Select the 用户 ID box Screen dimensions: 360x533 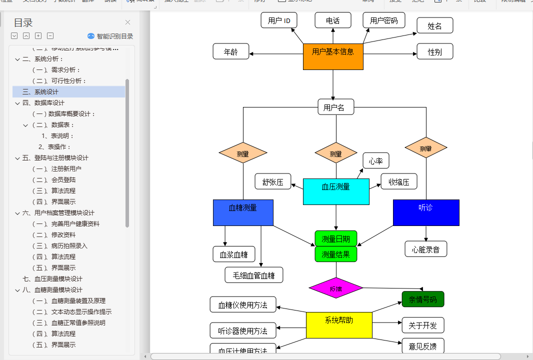(x=279, y=20)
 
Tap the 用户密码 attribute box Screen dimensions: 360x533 (x=383, y=20)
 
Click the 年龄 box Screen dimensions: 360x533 (x=230, y=51)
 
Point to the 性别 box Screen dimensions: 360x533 (x=434, y=51)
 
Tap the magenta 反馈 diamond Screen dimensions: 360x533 (x=336, y=288)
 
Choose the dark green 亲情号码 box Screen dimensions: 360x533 (x=422, y=299)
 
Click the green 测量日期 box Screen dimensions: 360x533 (x=336, y=238)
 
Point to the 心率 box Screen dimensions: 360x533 (x=375, y=161)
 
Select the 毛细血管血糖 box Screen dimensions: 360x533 (x=254, y=274)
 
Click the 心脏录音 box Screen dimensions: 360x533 (x=425, y=249)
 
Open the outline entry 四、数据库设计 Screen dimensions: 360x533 (x=43, y=103)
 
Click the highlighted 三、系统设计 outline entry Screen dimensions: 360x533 (x=40, y=92)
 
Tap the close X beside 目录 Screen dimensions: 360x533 (x=127, y=22)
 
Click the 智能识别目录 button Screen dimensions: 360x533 (x=110, y=36)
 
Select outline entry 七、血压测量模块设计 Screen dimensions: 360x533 (x=52, y=279)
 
